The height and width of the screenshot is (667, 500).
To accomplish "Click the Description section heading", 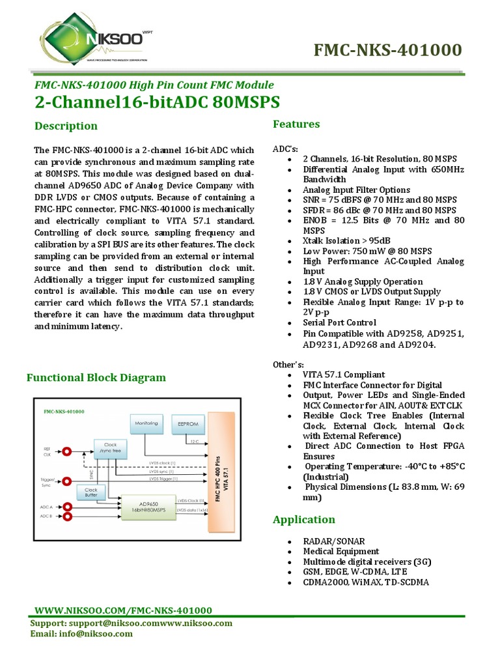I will tap(66, 126).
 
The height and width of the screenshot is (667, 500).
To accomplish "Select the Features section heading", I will tap(296, 124).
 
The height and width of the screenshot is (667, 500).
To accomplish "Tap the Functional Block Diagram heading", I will tap(95, 378).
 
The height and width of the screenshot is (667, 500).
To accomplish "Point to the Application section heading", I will tap(304, 520).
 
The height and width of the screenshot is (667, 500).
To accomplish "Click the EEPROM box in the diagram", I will tap(187, 423).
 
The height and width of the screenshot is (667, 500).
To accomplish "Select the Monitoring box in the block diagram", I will tap(146, 424).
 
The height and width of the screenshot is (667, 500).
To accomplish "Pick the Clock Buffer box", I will tap(91, 492).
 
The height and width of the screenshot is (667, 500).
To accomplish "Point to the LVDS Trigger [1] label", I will tap(163, 479).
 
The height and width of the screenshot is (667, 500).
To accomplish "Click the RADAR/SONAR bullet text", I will tap(334, 541).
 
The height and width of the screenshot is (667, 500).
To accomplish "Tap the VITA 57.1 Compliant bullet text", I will tap(344, 375).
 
